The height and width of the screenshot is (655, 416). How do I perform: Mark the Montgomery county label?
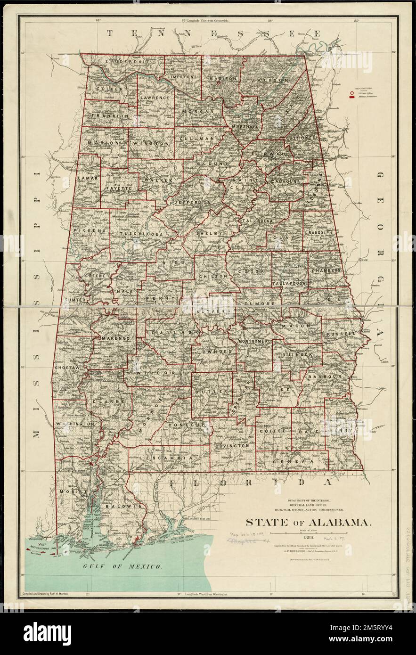click(x=255, y=341)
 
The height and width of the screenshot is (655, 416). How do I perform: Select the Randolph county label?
click(x=320, y=233)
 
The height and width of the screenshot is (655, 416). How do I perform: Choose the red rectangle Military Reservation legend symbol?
click(x=351, y=98)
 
